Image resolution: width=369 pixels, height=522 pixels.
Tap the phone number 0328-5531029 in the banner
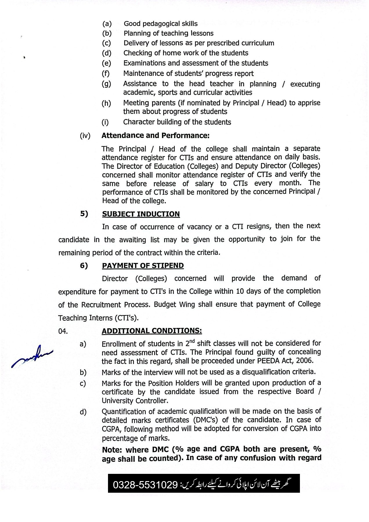145,485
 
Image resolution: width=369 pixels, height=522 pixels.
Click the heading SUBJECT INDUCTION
141,214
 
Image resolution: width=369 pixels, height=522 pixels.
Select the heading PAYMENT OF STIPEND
143,266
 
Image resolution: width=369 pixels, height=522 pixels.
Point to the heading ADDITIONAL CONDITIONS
152,331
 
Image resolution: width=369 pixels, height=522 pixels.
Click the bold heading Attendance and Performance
155,135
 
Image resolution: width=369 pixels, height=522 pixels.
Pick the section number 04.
63,331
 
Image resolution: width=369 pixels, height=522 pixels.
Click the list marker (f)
105,74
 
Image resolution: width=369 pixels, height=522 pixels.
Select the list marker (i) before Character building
105,122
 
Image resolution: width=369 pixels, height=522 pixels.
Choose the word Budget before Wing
165,304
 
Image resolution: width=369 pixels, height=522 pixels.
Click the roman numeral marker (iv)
85,136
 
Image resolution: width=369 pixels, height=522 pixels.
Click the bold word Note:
113,450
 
